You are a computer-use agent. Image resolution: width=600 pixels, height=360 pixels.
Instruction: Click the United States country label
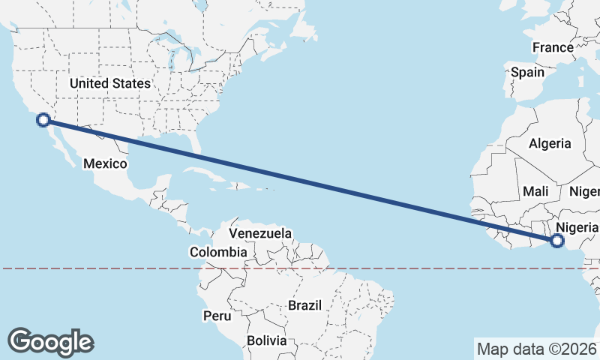click(x=110, y=83)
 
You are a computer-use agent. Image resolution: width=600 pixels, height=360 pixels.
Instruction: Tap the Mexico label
click(x=105, y=163)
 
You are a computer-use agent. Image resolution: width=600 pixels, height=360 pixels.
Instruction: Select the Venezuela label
click(x=260, y=234)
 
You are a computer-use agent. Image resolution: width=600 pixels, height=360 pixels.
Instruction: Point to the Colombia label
click(x=218, y=253)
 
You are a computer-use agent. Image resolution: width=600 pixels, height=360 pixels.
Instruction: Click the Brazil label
click(x=304, y=305)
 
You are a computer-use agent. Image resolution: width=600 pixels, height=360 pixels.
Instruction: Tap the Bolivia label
click(x=267, y=340)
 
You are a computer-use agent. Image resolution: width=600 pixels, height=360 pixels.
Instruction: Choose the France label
click(x=553, y=47)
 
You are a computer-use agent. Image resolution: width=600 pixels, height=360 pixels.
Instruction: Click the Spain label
click(x=527, y=73)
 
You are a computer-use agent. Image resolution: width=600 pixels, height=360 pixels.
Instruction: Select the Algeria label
click(x=550, y=143)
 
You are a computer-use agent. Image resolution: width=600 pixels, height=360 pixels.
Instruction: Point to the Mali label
click(x=536, y=191)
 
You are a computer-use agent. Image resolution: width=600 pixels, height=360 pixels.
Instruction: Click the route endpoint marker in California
click(x=43, y=119)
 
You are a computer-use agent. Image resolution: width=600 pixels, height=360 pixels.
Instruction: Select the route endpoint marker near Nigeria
click(x=556, y=241)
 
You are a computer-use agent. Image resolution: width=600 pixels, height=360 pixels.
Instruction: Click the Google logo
click(x=50, y=341)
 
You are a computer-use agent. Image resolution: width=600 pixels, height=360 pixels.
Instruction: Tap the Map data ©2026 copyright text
click(x=535, y=349)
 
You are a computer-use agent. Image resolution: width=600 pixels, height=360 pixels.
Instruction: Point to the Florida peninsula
click(x=197, y=143)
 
